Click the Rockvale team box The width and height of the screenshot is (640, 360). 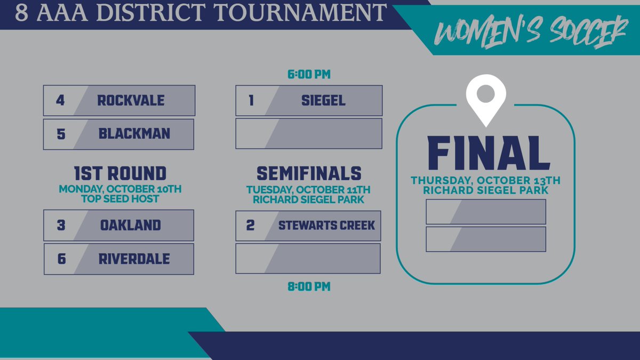tap(119, 100)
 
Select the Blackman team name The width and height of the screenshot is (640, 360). tap(134, 133)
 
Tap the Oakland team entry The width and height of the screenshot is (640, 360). tap(119, 225)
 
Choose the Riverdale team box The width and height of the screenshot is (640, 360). tap(134, 259)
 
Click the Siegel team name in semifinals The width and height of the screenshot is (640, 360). tap(323, 100)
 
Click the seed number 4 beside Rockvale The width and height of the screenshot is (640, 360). tap(60, 100)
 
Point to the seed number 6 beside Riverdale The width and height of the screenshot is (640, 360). tap(61, 259)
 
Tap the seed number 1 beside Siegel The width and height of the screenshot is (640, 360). tap(251, 100)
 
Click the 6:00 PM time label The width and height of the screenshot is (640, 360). tap(309, 74)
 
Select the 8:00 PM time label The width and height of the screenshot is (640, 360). tap(309, 287)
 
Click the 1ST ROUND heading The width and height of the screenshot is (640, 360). tap(120, 173)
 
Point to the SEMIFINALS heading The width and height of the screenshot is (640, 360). tap(309, 173)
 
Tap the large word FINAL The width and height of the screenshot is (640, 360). tap(488, 154)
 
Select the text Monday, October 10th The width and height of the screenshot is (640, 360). tap(120, 189)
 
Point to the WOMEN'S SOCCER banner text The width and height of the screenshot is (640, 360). tap(530, 30)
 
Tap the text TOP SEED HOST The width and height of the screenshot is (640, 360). tap(120, 199)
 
